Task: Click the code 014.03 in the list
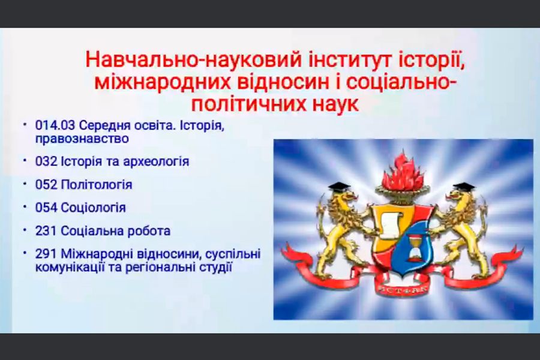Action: click(x=55, y=125)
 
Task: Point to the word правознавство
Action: click(x=82, y=139)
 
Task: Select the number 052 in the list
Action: click(x=46, y=185)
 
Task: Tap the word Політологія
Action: click(x=97, y=185)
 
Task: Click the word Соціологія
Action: click(x=94, y=208)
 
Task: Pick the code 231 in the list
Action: click(x=46, y=231)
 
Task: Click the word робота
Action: click(x=149, y=231)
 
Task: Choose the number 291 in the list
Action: click(x=46, y=254)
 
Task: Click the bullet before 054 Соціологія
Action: click(x=25, y=206)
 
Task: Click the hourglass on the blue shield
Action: click(x=413, y=246)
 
